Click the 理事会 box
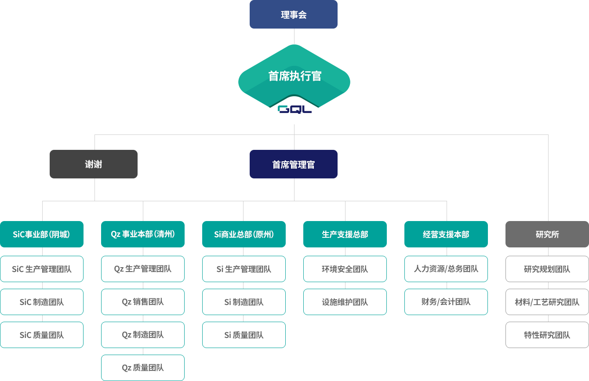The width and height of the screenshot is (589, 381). (x=293, y=15)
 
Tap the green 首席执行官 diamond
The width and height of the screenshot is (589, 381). (x=294, y=76)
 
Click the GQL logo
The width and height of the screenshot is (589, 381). (x=294, y=109)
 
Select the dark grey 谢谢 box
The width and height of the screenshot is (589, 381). (x=93, y=164)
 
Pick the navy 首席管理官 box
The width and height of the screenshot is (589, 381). (x=293, y=164)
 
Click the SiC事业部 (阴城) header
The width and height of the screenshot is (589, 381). (x=42, y=234)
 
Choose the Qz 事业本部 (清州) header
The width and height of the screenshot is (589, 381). (x=143, y=234)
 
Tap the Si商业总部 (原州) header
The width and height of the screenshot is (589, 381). (x=244, y=234)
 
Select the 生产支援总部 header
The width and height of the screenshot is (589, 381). (x=345, y=234)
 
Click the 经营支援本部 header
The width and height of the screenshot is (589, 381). (x=446, y=234)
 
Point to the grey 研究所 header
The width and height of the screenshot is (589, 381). (x=547, y=234)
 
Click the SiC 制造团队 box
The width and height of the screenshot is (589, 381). (x=42, y=302)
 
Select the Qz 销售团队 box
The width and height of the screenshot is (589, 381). (x=143, y=302)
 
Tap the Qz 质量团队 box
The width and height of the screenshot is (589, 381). (x=143, y=368)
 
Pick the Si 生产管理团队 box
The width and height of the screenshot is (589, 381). (x=244, y=269)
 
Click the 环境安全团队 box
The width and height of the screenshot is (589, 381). (x=345, y=269)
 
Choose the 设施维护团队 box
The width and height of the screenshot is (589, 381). (x=345, y=302)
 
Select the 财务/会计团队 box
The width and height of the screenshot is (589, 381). (x=446, y=302)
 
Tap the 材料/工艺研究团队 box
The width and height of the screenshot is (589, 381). (x=547, y=302)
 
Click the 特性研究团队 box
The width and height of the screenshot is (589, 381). (x=547, y=335)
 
